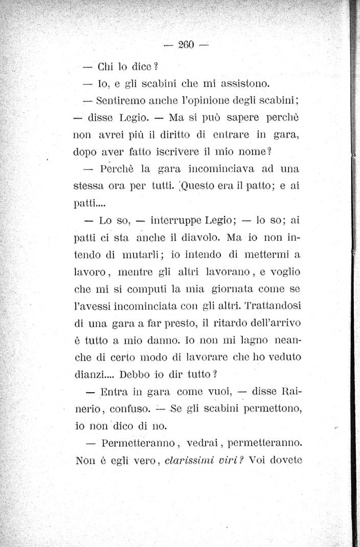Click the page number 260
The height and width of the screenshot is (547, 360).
pyautogui.click(x=185, y=44)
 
